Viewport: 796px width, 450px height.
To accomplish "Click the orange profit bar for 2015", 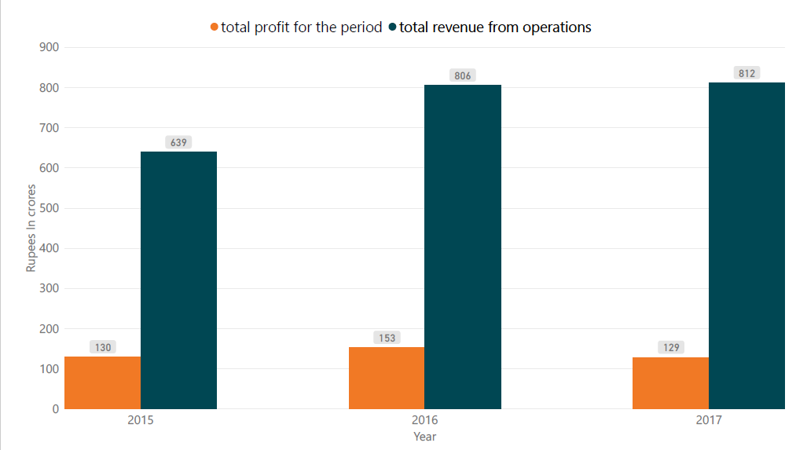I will pos(102,382).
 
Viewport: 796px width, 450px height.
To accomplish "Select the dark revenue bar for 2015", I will pos(178,280).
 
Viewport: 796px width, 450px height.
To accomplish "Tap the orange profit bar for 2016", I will pos(386,378).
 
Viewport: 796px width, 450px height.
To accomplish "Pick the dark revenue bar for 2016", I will pos(463,247).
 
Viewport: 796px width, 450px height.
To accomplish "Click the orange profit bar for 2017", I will pos(670,382).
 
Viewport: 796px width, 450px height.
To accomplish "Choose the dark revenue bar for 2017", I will pos(746,245).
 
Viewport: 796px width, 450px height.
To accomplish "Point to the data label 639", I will pos(178,142).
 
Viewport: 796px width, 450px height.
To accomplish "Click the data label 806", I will pos(463,75).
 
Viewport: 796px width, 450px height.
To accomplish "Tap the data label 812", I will pos(746,73).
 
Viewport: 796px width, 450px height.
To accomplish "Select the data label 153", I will pos(387,338).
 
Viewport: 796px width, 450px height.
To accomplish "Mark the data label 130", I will pos(103,347).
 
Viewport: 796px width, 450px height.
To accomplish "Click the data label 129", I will pos(671,347).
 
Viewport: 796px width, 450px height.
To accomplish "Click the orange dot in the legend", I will pos(214,27).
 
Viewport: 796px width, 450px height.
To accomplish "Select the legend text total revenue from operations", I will pos(495,27).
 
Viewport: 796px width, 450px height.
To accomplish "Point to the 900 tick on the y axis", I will pos(49,47).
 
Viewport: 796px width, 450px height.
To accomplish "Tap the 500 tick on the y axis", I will pos(49,208).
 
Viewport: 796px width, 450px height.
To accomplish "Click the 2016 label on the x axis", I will pos(424,421).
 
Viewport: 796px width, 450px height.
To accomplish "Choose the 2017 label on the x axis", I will pos(708,421).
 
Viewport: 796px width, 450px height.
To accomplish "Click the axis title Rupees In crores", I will pos(31,228).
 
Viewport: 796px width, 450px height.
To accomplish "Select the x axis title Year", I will pos(424,437).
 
